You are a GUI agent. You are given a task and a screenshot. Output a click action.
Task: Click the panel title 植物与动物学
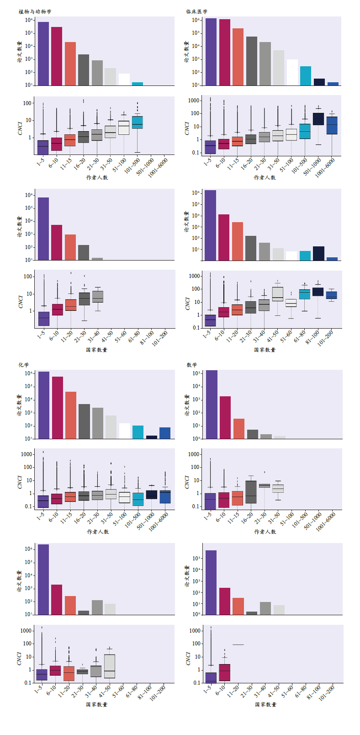tap(35, 11)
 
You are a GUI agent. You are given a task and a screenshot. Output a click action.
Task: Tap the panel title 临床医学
tap(196, 11)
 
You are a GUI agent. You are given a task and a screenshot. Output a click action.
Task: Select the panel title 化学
tap(24, 365)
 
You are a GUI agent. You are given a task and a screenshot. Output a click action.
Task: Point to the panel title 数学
tap(192, 365)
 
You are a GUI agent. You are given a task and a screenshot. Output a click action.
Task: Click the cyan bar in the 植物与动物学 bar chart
tap(138, 84)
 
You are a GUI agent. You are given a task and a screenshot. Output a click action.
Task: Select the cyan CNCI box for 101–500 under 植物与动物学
tap(138, 122)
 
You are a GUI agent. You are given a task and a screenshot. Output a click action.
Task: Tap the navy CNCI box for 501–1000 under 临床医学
tap(318, 119)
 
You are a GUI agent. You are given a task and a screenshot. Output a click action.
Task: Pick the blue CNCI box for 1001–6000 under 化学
tap(165, 497)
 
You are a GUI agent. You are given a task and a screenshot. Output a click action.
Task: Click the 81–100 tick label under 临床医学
tap(315, 337)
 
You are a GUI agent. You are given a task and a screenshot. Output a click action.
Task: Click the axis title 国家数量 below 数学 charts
tap(266, 704)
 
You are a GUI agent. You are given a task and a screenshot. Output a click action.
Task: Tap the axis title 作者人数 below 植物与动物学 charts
tap(97, 177)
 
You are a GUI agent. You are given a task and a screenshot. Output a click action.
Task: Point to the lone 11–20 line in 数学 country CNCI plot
tap(238, 644)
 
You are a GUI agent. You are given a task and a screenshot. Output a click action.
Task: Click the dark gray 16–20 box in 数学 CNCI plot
tap(251, 492)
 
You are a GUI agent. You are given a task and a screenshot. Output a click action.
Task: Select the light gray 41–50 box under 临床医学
tap(278, 294)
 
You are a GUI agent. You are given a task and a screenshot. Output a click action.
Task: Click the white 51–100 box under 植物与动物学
tap(124, 128)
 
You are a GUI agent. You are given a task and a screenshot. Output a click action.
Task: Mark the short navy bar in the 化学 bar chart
tap(152, 437)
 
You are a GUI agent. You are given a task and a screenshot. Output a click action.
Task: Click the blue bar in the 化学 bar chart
tap(165, 433)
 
